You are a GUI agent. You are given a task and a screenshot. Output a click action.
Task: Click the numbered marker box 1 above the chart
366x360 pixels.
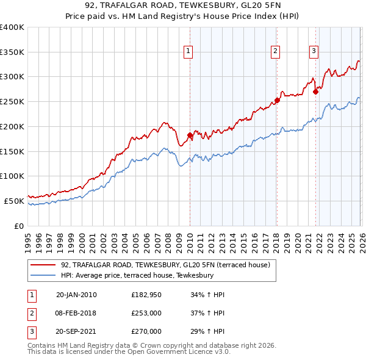click(x=189, y=52)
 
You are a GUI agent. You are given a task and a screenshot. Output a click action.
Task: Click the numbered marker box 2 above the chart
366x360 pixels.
click(x=276, y=52)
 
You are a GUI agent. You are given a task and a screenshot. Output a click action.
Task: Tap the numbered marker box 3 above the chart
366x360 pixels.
click(x=314, y=52)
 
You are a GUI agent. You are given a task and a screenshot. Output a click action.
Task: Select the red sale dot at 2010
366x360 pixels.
click(x=190, y=135)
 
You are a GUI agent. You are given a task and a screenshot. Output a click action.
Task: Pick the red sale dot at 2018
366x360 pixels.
click(x=276, y=100)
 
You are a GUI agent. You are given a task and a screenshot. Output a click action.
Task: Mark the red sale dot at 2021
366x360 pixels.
click(x=315, y=92)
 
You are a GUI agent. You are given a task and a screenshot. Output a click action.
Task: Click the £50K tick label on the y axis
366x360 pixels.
click(x=13, y=200)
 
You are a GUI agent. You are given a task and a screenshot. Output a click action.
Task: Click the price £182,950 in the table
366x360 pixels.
click(x=146, y=295)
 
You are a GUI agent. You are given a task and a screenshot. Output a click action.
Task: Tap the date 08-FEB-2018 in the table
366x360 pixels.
click(x=76, y=313)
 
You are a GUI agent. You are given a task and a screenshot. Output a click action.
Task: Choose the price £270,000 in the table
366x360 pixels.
click(x=146, y=331)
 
